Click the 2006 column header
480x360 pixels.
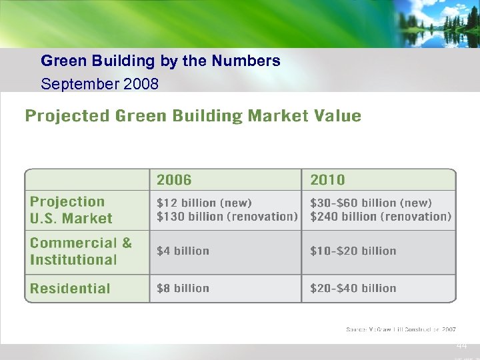174,179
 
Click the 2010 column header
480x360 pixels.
327,179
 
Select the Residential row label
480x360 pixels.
70,289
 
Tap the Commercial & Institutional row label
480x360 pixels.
81,251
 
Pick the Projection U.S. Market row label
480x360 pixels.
71,210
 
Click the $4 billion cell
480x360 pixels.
183,251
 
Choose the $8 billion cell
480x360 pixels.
183,288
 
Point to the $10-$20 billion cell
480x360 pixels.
353,251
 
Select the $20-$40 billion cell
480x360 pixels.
353,288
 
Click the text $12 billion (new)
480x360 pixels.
204,203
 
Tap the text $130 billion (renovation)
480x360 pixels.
226,217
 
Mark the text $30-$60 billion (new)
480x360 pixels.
371,203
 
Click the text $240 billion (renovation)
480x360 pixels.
380,217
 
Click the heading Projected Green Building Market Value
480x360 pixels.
193,116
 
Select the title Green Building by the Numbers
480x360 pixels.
160,61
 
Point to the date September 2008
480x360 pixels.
99,84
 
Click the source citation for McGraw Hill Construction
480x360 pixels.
401,329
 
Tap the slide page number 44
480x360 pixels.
462,346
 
